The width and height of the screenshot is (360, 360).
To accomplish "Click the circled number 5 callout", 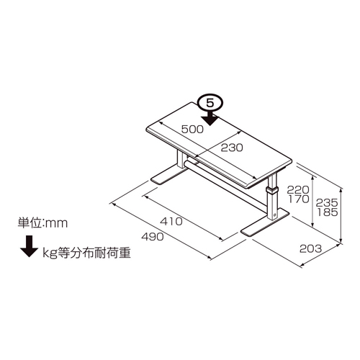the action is coord(210,104).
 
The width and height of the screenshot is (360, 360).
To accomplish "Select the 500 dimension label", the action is coord(192,130).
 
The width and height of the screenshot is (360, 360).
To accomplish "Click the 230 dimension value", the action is coord(232,148).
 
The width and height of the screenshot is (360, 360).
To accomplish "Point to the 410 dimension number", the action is coord(171,221).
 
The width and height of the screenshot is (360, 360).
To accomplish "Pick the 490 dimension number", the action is coord(153,237).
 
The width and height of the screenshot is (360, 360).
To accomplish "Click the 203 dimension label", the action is coord(310,249).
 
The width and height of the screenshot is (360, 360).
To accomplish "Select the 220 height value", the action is coord(298,190).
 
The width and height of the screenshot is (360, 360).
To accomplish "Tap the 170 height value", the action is coord(299,199).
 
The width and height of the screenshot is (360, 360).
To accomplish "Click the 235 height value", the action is coord(327,203).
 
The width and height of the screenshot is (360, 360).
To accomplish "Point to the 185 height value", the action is coord(327,212).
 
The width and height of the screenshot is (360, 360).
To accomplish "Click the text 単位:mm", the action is coord(42,223).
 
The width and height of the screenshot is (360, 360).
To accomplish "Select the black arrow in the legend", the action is coord(29,246).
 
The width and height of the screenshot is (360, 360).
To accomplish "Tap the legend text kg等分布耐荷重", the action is coord(86,253).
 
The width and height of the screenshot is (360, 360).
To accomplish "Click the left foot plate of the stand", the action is coord(168,175).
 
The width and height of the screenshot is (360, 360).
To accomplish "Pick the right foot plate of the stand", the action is coord(265,222).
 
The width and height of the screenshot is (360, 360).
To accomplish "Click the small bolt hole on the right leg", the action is coord(274,215).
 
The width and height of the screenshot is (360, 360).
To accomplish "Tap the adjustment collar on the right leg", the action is coord(271,191).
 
